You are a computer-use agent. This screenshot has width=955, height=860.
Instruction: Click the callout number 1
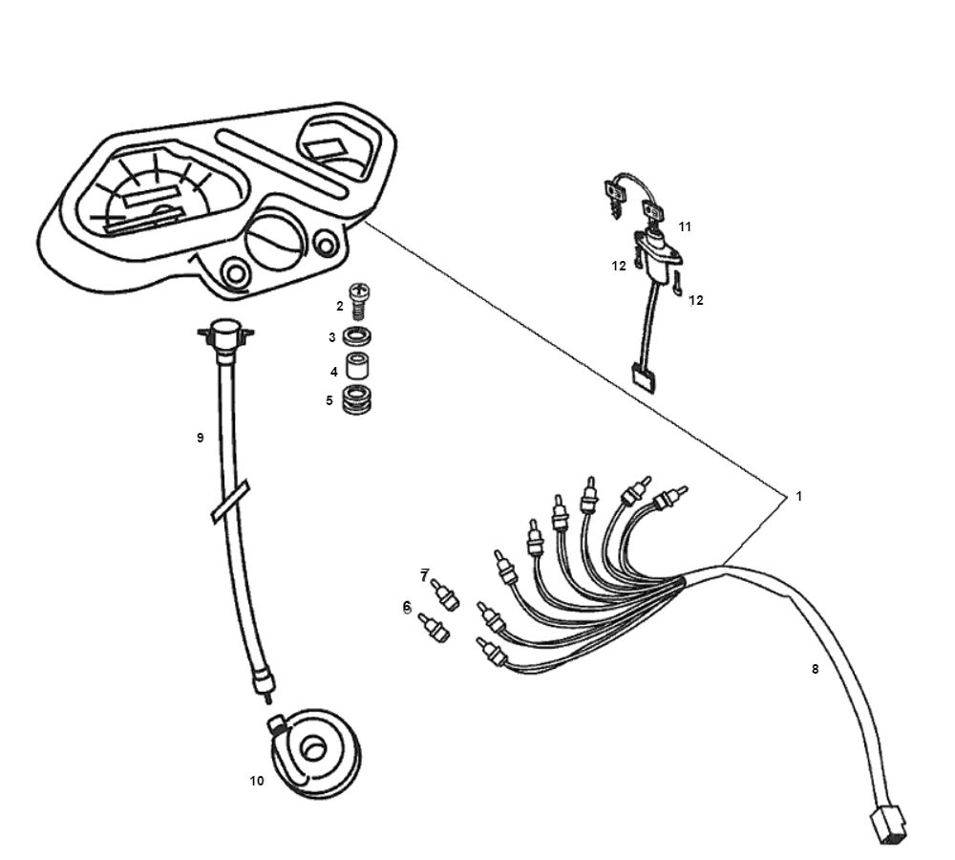pos(798,496)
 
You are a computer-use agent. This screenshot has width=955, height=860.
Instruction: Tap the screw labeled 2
pos(360,301)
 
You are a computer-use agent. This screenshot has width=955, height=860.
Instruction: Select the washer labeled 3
pos(357,337)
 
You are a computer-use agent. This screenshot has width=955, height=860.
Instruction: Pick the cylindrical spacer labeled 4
pos(357,368)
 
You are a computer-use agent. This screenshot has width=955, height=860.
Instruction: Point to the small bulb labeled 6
pos(435,629)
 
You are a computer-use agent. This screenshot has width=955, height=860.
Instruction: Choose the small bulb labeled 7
pos(445,595)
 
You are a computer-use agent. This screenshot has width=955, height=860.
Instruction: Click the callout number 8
pos(815,669)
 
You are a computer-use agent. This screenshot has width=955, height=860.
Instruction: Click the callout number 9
pos(200,438)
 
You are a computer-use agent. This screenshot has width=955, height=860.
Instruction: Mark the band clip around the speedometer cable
pos(230,503)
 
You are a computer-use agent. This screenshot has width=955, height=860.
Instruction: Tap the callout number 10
pos(257,781)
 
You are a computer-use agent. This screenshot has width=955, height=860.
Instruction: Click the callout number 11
pos(685,226)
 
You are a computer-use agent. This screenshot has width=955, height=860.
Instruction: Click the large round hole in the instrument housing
pos(276,239)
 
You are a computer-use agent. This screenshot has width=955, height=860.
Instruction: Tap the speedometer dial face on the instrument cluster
pos(158,191)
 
